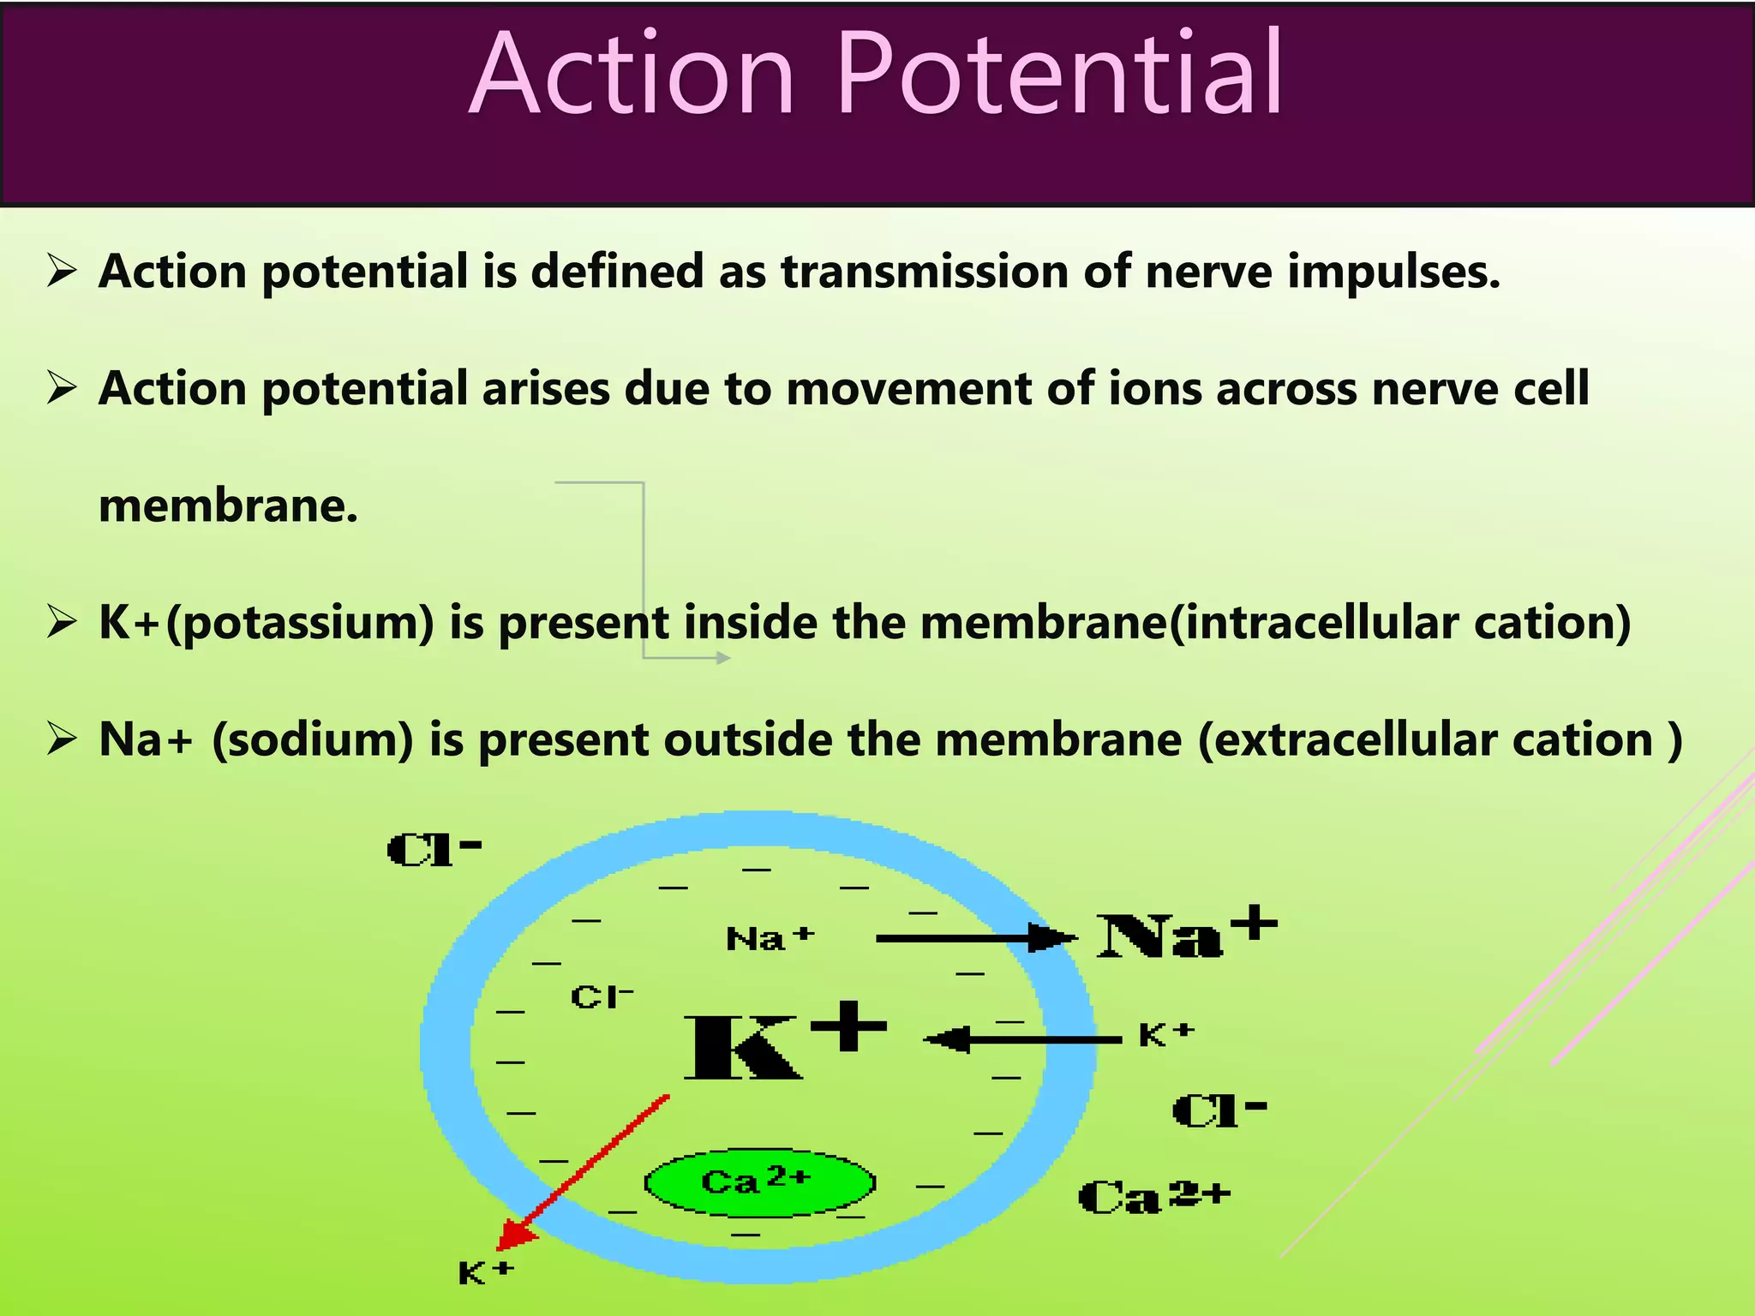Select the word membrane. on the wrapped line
(228, 505)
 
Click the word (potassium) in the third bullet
(300, 624)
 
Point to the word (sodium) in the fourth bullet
(313, 740)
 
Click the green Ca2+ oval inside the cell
(759, 1182)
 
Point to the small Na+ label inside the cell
(769, 939)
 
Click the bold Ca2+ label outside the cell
(1153, 1196)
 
